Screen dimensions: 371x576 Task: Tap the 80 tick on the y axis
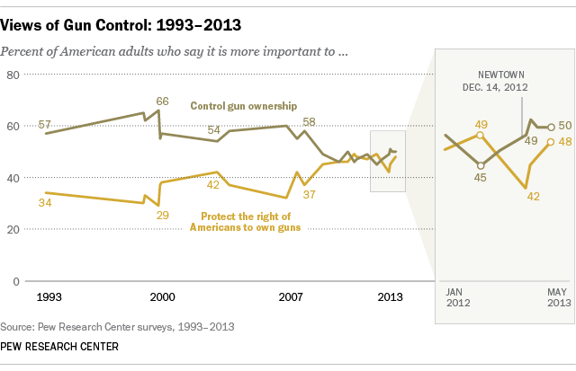pos(13,75)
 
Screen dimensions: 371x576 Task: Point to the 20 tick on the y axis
pos(13,230)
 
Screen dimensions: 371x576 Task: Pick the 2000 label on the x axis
pos(162,296)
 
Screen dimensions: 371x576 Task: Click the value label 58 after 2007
pos(310,121)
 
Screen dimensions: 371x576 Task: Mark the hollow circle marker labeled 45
pos(481,165)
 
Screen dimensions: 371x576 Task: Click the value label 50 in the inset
pos(565,126)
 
